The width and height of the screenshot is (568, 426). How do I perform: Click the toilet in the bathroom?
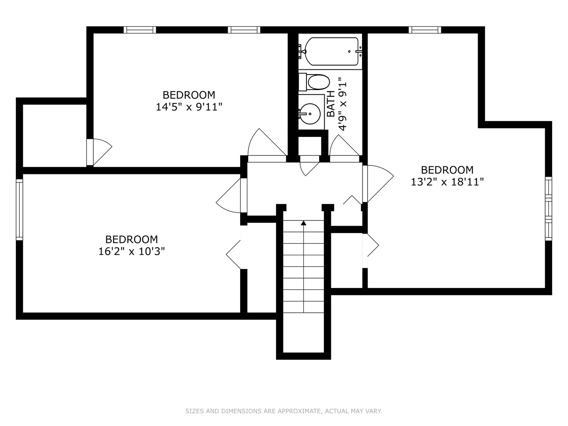[314, 82]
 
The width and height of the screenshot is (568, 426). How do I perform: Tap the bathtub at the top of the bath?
[332, 51]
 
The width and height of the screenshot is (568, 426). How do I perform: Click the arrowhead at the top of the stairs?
[304, 223]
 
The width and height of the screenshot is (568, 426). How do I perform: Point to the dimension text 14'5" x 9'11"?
[189, 107]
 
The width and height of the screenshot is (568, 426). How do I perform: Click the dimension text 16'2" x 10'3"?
[131, 251]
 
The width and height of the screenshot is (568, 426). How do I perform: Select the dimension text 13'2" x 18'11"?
[447, 182]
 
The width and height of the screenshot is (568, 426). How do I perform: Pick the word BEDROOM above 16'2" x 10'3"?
[131, 239]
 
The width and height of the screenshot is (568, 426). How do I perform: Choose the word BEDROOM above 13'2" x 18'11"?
[447, 170]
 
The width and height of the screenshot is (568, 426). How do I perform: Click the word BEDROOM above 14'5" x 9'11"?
[189, 95]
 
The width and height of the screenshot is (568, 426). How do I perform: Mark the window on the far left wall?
[19, 209]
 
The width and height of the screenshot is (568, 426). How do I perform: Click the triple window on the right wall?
[549, 209]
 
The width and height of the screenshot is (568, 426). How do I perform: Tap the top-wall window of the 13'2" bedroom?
[425, 30]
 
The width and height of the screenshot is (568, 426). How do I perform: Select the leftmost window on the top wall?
[140, 30]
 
